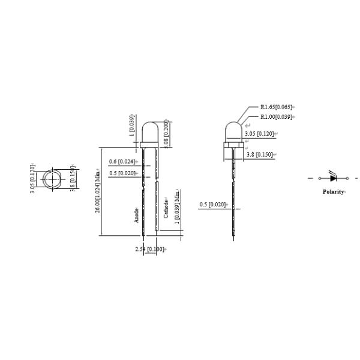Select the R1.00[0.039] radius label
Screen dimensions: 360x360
point(277,116)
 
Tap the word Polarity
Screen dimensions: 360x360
point(333,192)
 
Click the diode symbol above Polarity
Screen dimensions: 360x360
point(334,178)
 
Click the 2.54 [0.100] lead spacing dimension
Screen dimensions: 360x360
point(151,248)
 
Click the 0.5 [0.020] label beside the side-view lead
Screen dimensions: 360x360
point(212,205)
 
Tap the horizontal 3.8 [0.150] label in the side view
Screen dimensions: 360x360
point(260,155)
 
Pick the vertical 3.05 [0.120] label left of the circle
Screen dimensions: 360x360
point(34,179)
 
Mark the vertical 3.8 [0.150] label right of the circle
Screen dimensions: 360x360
point(72,179)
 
